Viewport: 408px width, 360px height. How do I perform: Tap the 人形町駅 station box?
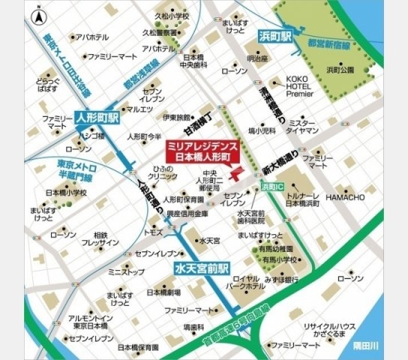(x=97, y=118)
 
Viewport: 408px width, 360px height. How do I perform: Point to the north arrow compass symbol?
(x=38, y=14)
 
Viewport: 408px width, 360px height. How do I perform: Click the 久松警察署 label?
(x=157, y=34)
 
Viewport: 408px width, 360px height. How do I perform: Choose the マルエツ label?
(x=139, y=109)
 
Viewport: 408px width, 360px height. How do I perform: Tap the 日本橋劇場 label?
(x=165, y=292)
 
